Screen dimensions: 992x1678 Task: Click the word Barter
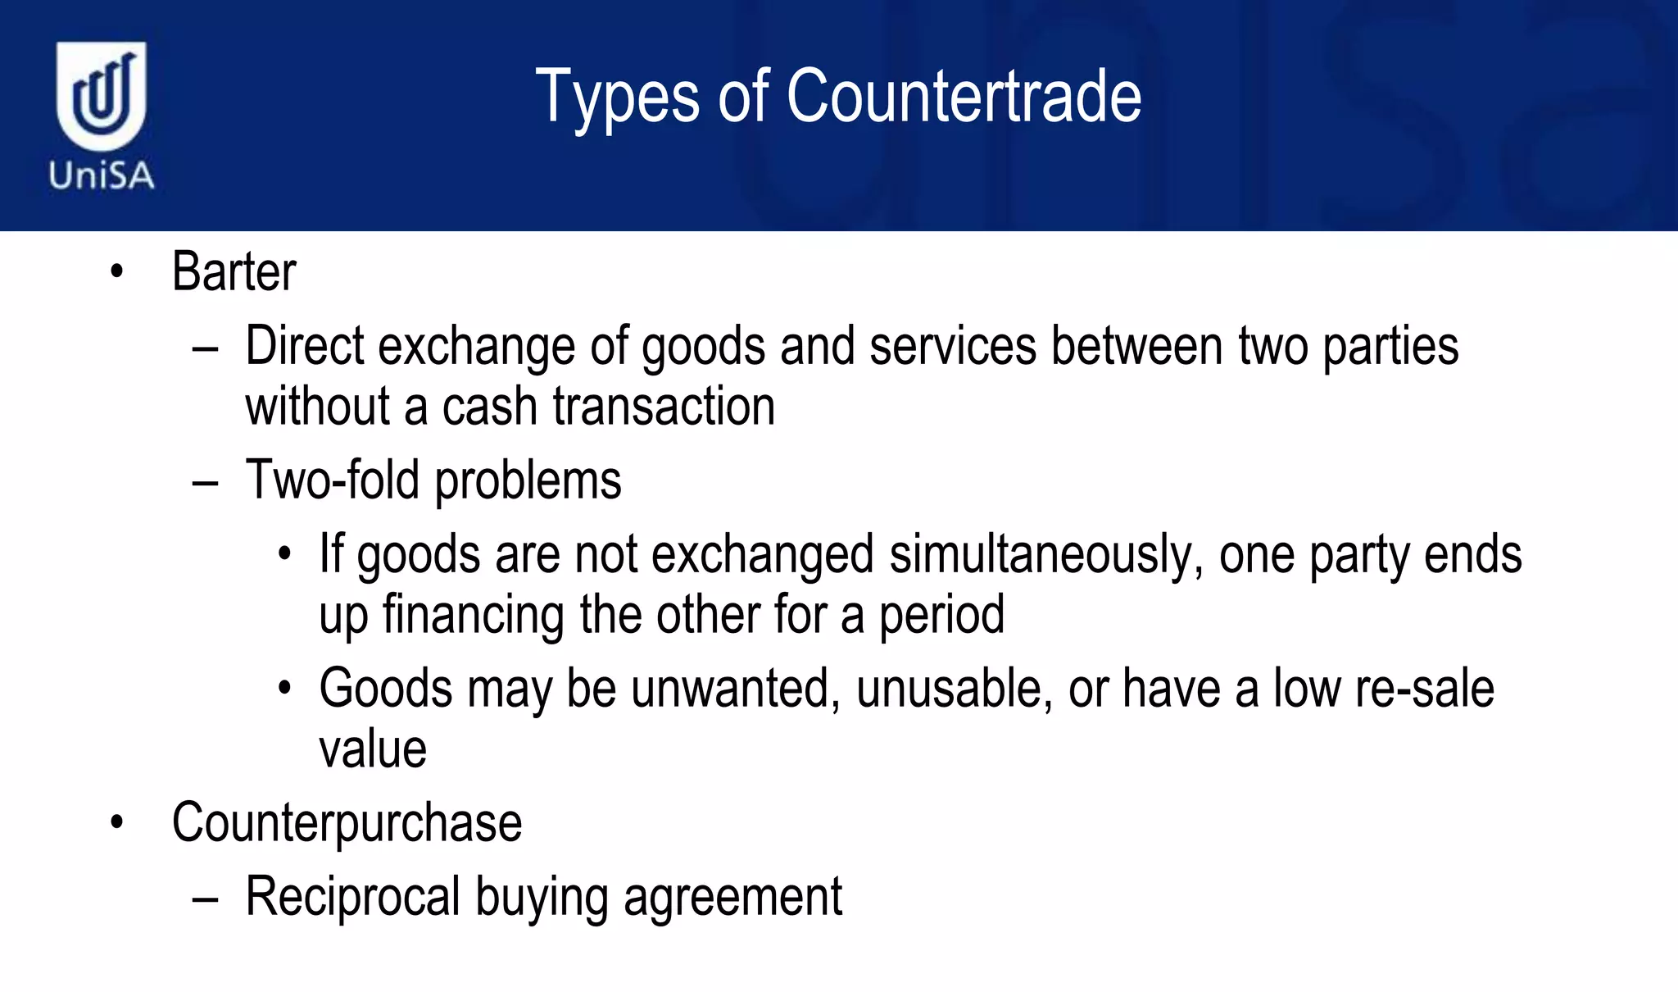234,271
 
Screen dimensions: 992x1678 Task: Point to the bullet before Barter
117,271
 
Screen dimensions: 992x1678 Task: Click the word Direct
304,346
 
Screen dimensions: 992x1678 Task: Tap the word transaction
664,407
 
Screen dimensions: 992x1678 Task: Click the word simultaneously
1046,555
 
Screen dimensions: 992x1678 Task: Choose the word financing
473,615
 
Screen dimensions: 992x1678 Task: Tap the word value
373,749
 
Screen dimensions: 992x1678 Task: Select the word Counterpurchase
347,823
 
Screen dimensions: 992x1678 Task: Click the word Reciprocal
352,897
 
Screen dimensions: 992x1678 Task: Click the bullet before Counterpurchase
117,823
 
